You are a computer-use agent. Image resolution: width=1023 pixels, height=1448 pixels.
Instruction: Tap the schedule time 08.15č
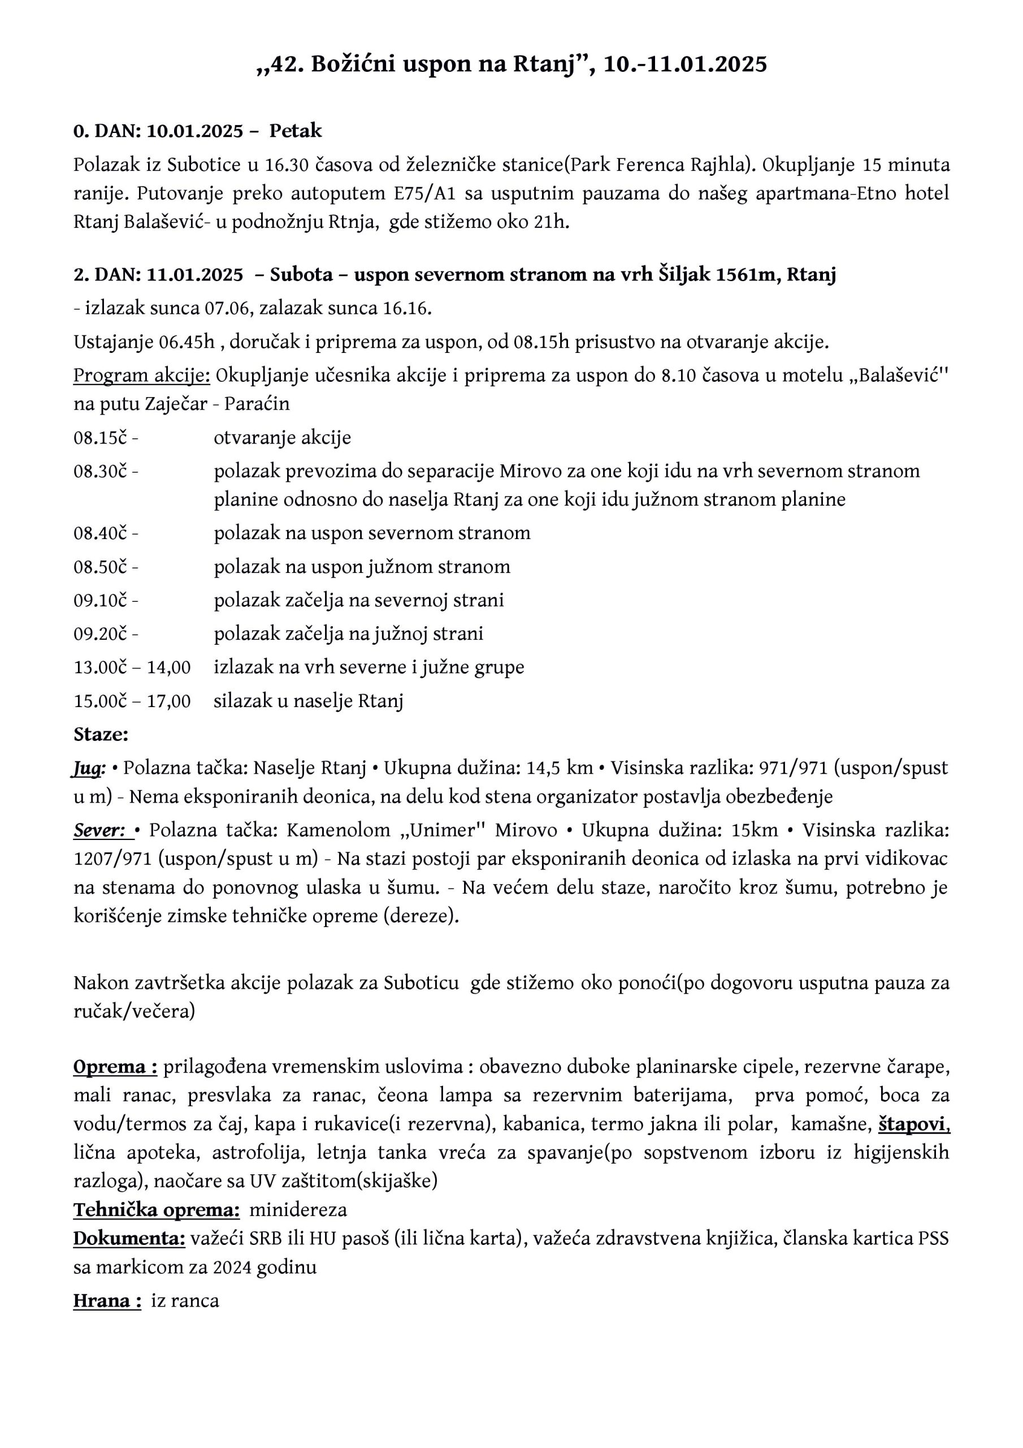101,438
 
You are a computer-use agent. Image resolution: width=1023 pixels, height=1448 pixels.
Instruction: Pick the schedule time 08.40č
101,533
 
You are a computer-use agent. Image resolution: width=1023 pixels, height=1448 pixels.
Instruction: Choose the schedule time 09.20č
101,634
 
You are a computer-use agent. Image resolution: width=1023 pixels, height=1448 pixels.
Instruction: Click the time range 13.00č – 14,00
132,667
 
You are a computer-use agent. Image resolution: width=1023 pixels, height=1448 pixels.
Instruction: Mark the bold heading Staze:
101,735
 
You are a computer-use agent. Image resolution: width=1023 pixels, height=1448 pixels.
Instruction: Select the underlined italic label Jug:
88,768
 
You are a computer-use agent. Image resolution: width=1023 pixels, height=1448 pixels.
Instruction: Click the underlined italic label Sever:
101,830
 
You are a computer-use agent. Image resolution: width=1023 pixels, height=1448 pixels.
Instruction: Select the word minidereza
298,1210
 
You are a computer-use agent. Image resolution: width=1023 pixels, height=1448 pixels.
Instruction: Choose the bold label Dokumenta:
129,1239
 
